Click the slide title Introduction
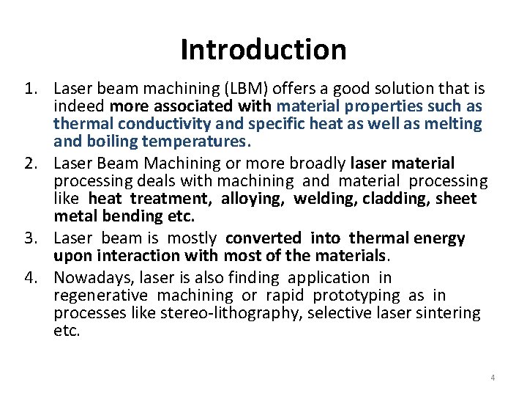[x=263, y=50]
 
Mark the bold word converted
[x=263, y=238]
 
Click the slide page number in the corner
[x=493, y=378]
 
